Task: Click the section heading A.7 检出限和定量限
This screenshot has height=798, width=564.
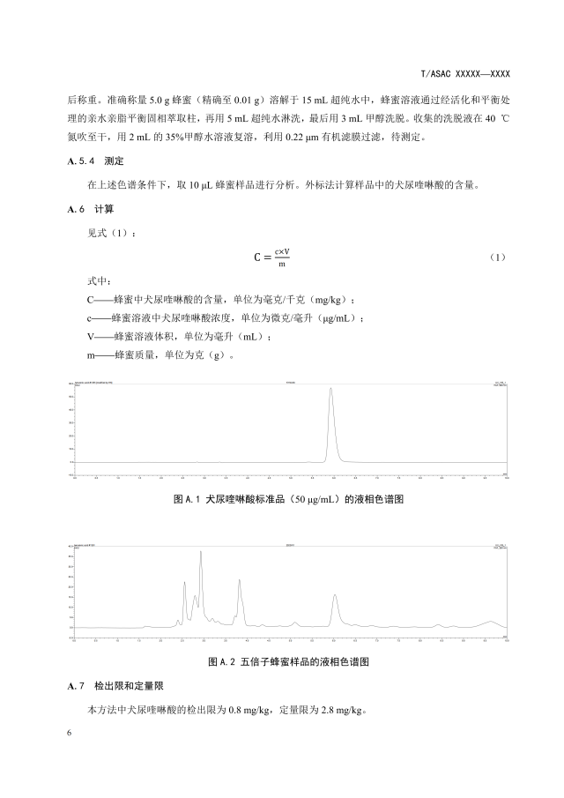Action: click(x=115, y=685)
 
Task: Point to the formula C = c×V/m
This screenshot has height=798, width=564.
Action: click(x=272, y=258)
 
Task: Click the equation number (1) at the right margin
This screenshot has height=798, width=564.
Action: click(x=498, y=257)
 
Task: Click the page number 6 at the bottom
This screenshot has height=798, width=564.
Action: click(x=70, y=734)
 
